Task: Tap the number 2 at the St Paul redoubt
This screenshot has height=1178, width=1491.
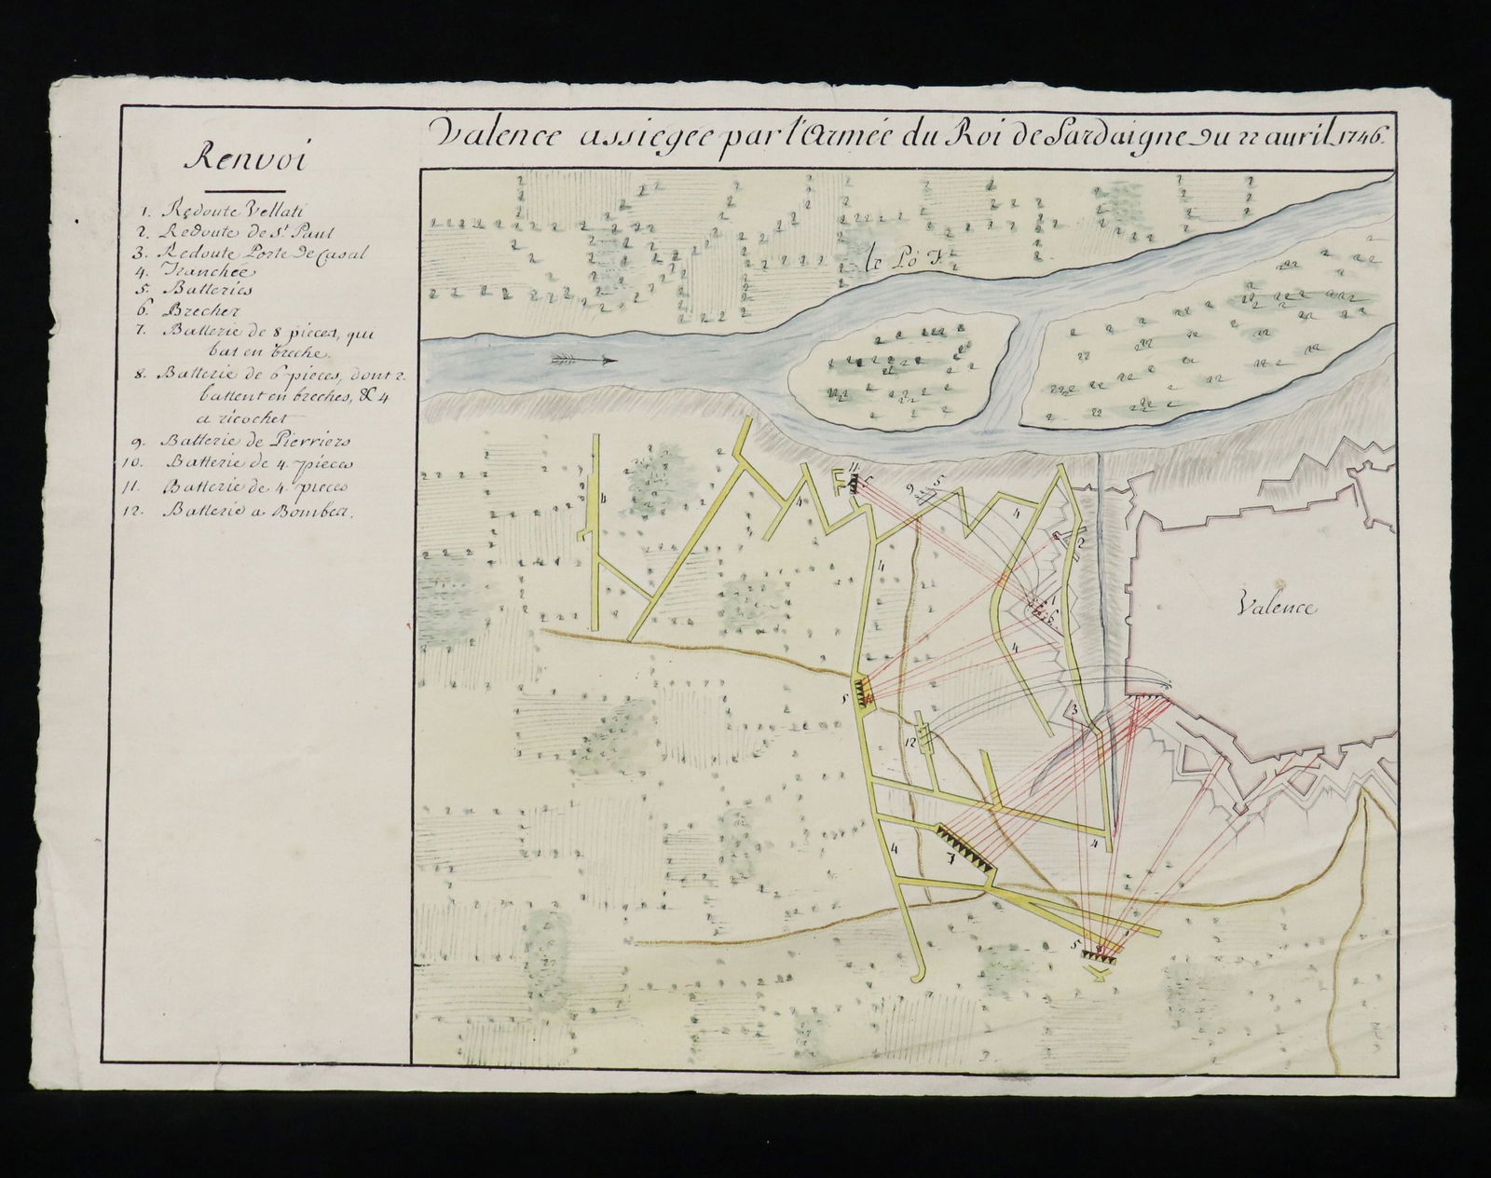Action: tap(1081, 541)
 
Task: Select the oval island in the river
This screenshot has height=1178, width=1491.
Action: tap(899, 369)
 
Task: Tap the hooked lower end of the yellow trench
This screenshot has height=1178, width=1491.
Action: tap(917, 976)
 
